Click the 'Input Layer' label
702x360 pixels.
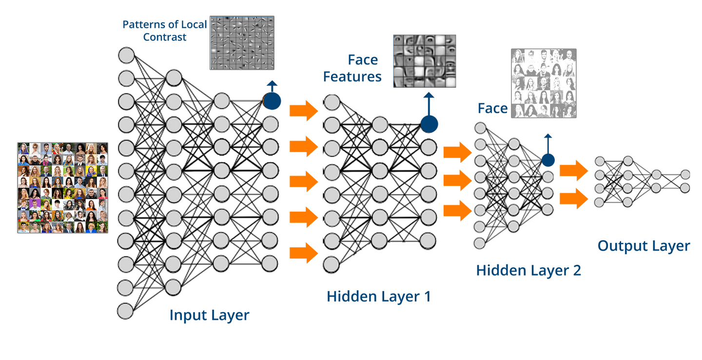coord(209,315)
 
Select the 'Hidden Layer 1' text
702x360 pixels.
coord(379,296)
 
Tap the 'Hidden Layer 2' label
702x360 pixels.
coord(528,270)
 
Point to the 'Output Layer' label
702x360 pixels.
coord(643,246)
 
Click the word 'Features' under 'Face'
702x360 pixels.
coord(352,77)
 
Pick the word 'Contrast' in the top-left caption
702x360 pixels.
coord(164,38)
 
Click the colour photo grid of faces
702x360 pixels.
coord(62,187)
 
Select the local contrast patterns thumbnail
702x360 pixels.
coord(242,43)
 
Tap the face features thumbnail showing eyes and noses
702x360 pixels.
coord(424,61)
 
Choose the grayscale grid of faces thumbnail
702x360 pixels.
coord(544,83)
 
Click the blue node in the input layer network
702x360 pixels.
coord(272,101)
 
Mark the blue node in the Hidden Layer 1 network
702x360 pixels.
coord(429,123)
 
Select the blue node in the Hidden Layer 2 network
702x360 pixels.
coord(548,160)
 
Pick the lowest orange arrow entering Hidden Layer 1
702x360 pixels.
coord(303,253)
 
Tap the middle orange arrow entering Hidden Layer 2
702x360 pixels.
coord(457,180)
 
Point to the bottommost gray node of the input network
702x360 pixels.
coord(125,311)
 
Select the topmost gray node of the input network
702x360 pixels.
coord(126,55)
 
